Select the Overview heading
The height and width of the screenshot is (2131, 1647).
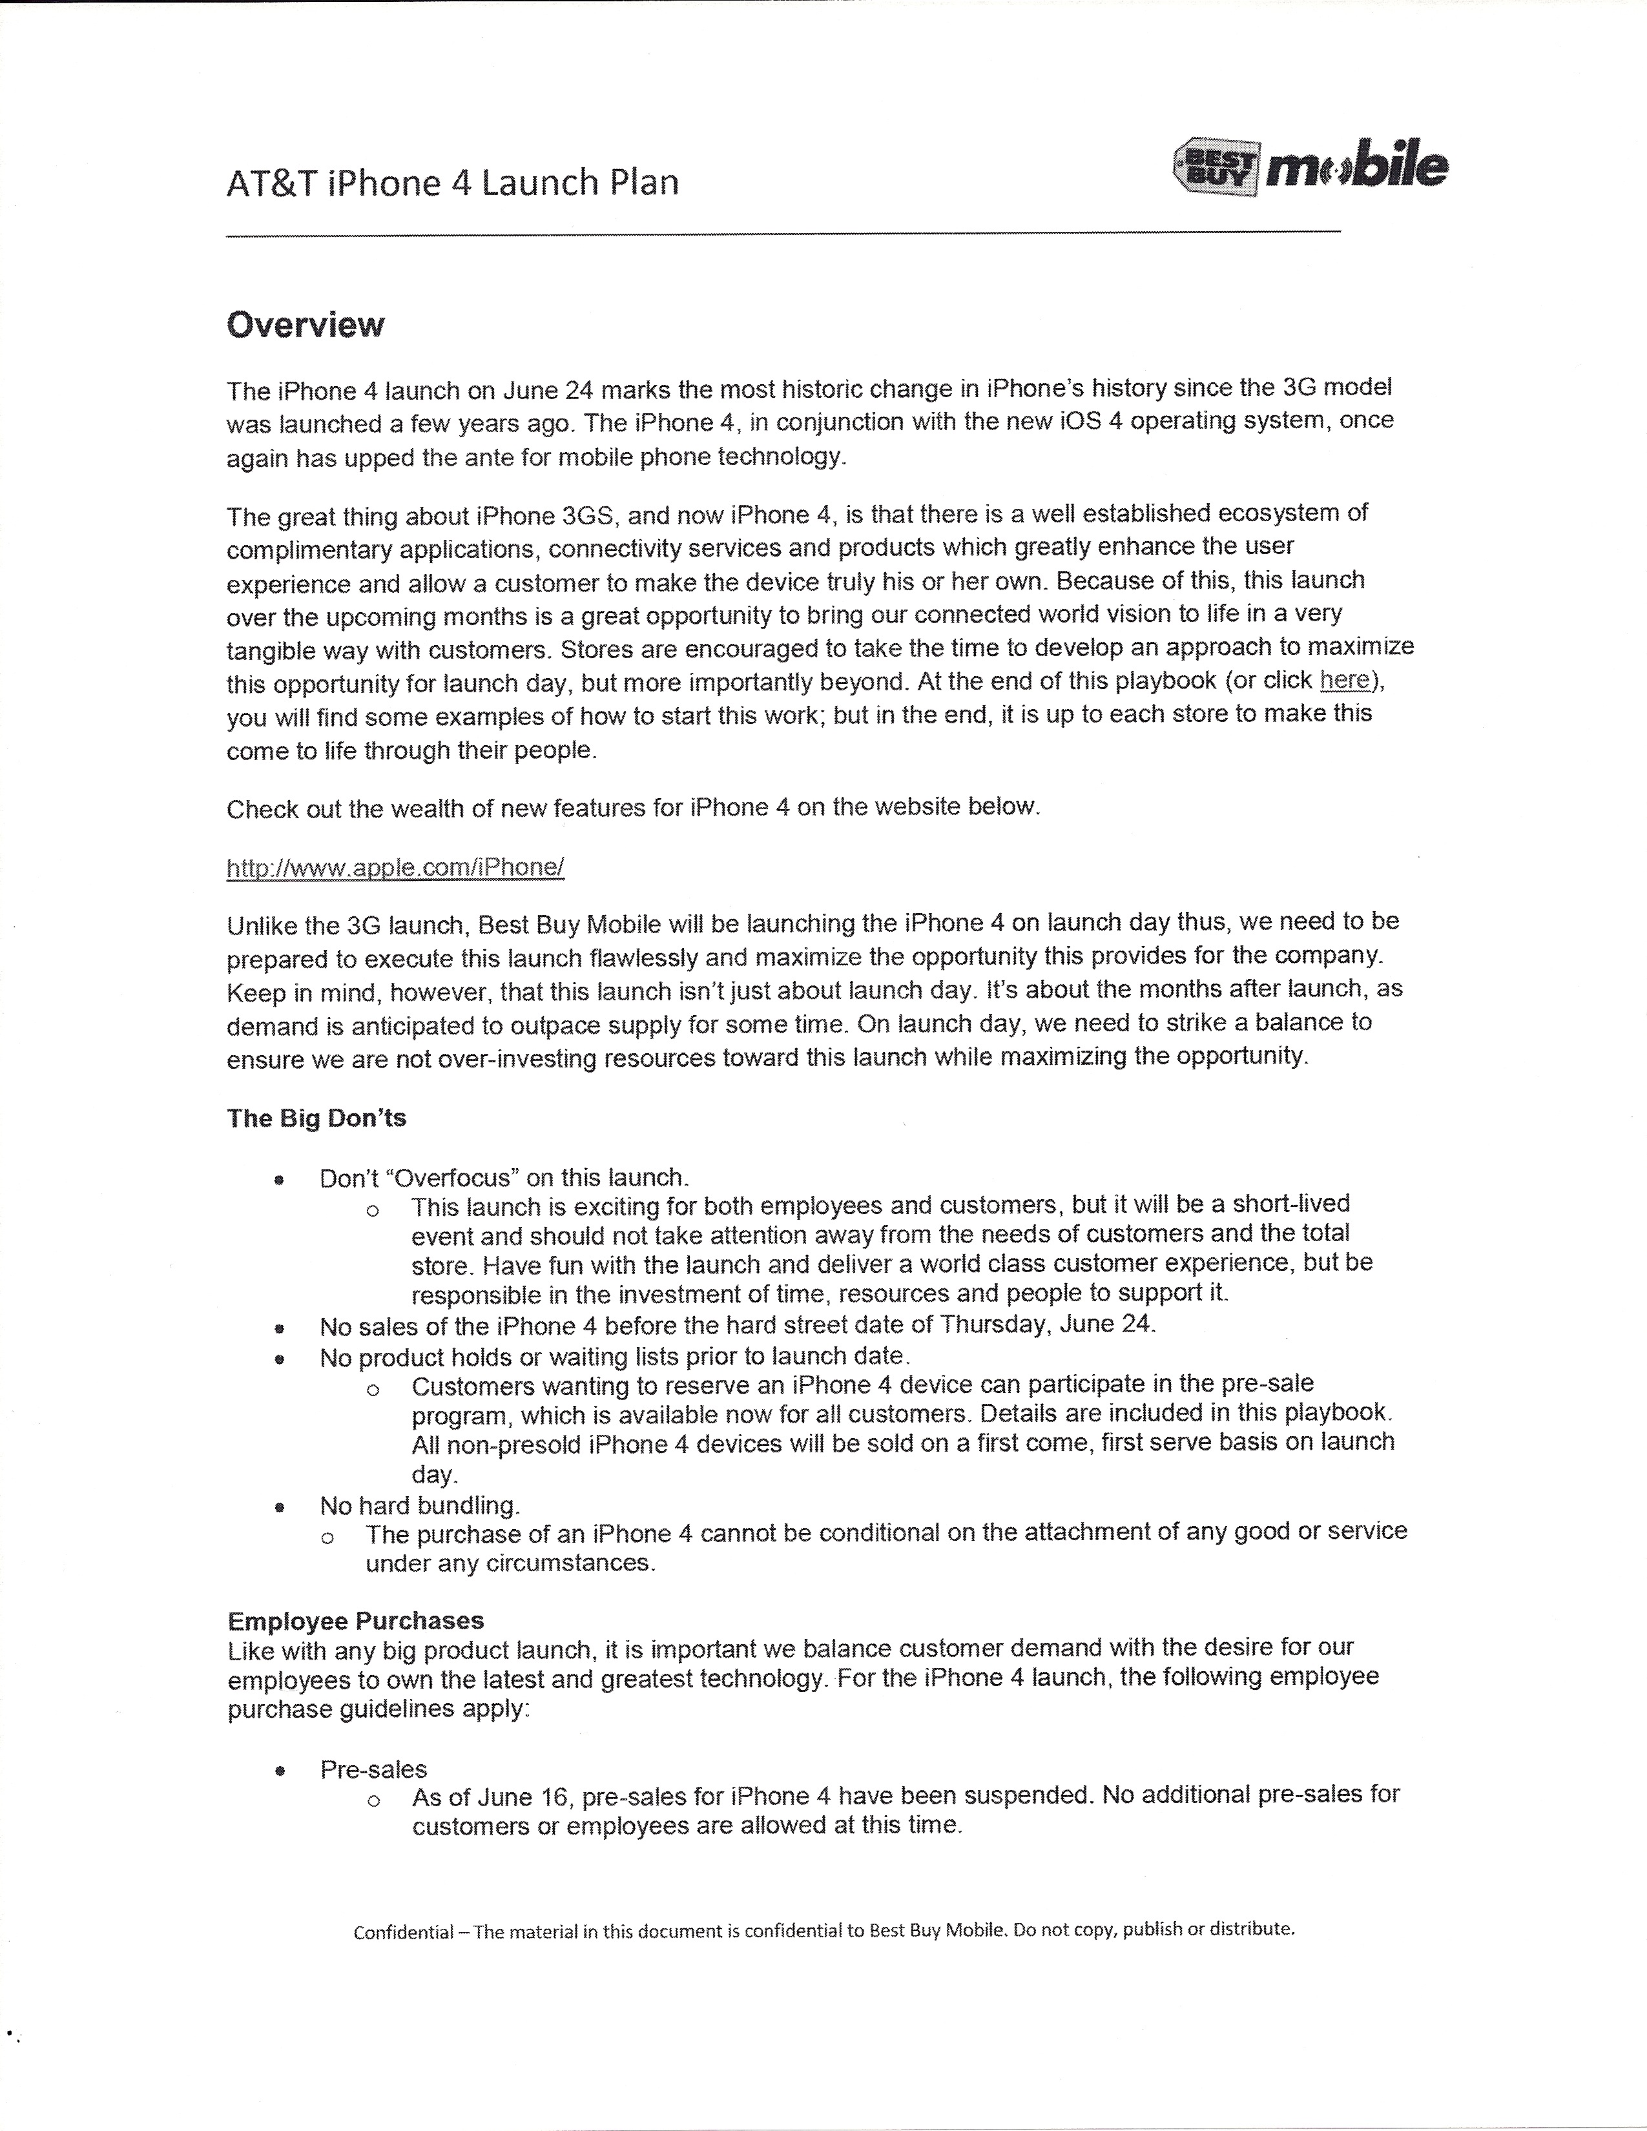click(x=306, y=325)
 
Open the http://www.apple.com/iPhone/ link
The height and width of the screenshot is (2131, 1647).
click(x=395, y=867)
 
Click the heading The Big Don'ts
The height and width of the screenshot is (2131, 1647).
click(x=316, y=1118)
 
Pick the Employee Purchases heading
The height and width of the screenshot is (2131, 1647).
click(x=355, y=1621)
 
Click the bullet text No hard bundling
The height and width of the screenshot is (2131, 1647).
click(x=420, y=1505)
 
